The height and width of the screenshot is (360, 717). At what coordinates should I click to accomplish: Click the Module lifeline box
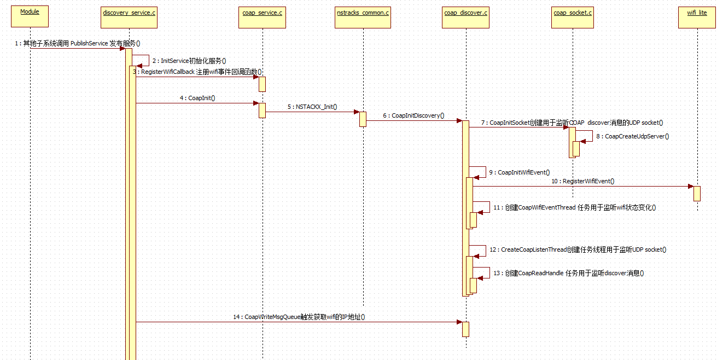pyautogui.click(x=30, y=16)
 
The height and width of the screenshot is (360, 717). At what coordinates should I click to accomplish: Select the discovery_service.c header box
pyautogui.click(x=130, y=16)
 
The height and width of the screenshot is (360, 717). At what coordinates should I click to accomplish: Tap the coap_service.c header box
pyautogui.click(x=263, y=16)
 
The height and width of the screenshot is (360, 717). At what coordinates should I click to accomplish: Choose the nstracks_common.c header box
pyautogui.click(x=363, y=16)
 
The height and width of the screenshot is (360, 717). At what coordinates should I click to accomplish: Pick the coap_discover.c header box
pyautogui.click(x=466, y=16)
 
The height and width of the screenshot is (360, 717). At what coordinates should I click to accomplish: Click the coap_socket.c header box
pyautogui.click(x=573, y=16)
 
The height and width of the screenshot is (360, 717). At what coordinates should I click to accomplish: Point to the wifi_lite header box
pyautogui.click(x=697, y=16)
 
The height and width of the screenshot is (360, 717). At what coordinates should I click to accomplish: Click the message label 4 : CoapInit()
pyautogui.click(x=197, y=98)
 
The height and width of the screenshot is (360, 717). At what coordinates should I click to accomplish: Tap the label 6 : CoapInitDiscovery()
pyautogui.click(x=413, y=115)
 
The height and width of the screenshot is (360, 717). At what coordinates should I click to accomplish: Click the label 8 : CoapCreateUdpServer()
pyautogui.click(x=633, y=136)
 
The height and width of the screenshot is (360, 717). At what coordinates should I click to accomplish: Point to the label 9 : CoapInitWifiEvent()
pyautogui.click(x=520, y=172)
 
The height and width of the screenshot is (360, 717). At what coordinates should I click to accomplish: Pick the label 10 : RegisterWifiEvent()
pyautogui.click(x=582, y=181)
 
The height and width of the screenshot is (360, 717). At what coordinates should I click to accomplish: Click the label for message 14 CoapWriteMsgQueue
pyautogui.click(x=299, y=317)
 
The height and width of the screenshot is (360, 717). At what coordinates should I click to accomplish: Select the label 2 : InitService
pyautogui.click(x=189, y=61)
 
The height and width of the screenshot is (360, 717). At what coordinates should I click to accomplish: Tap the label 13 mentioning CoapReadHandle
pyautogui.click(x=568, y=273)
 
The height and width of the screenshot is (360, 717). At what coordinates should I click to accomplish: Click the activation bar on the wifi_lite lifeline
pyautogui.click(x=697, y=193)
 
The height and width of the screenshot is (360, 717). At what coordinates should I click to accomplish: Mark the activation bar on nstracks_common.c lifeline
pyautogui.click(x=363, y=119)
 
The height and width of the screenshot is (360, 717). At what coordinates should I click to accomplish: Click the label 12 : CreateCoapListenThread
pyautogui.click(x=578, y=249)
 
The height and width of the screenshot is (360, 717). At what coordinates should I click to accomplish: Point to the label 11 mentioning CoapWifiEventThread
pyautogui.click(x=574, y=207)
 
